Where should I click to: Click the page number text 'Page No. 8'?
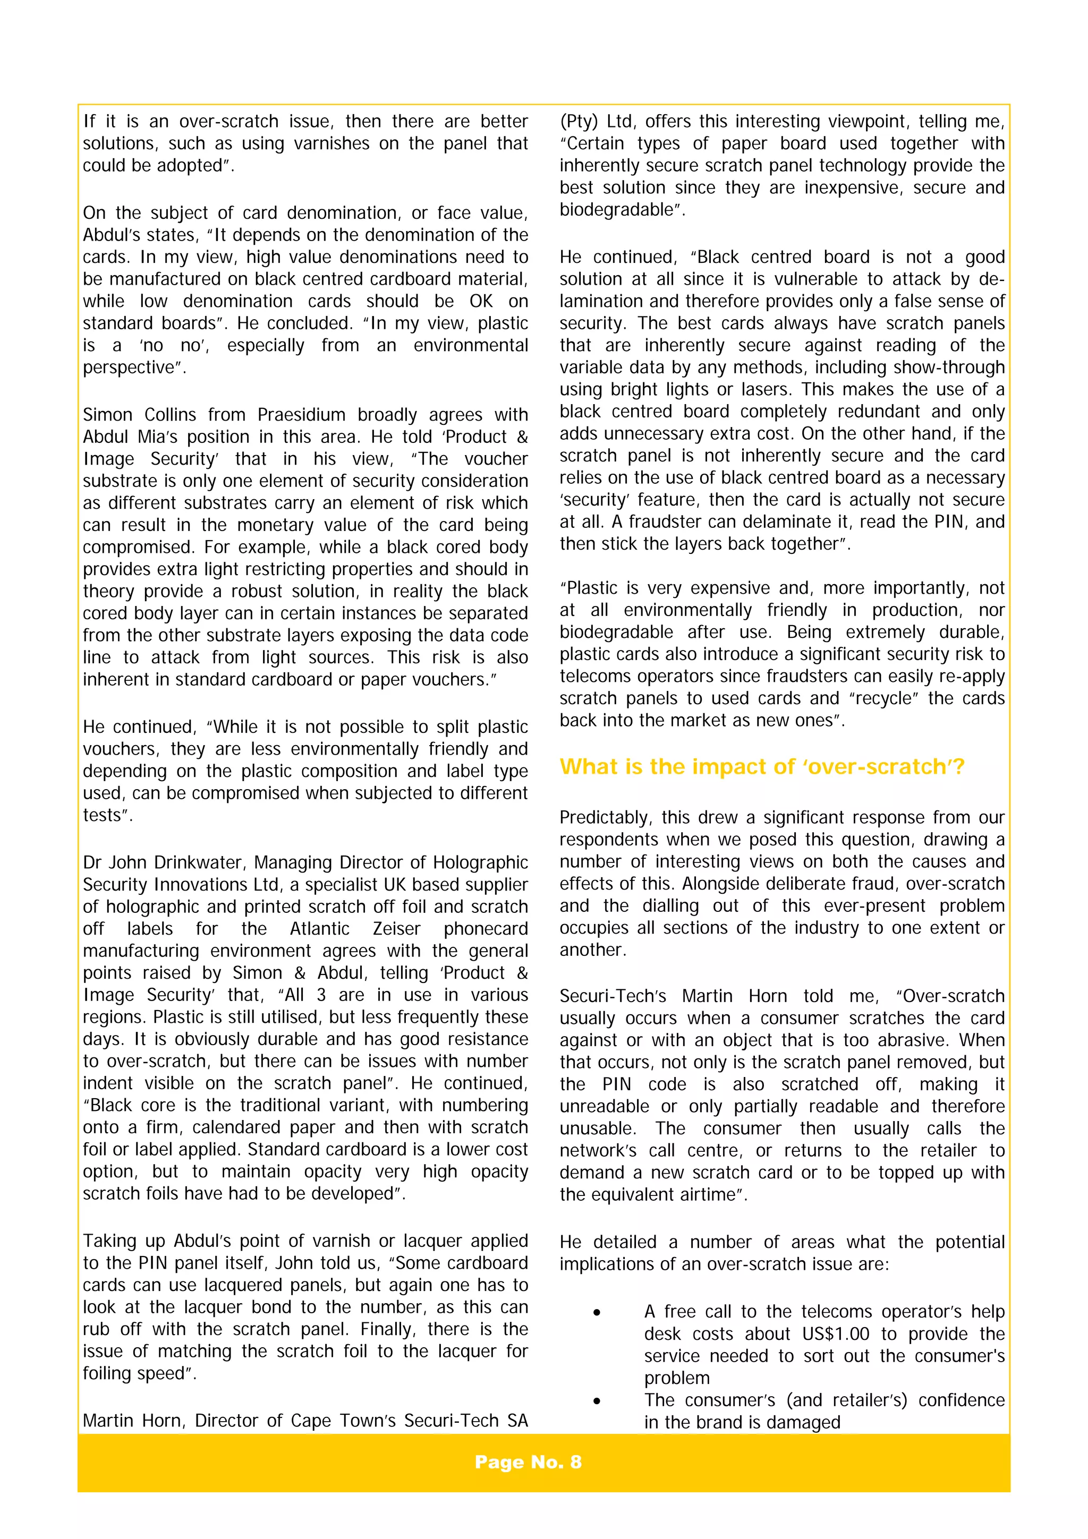point(528,1462)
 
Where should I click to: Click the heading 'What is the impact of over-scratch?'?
point(761,766)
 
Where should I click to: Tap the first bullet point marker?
point(596,1312)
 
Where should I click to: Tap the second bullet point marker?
point(596,1401)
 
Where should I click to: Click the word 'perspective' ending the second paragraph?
point(131,368)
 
